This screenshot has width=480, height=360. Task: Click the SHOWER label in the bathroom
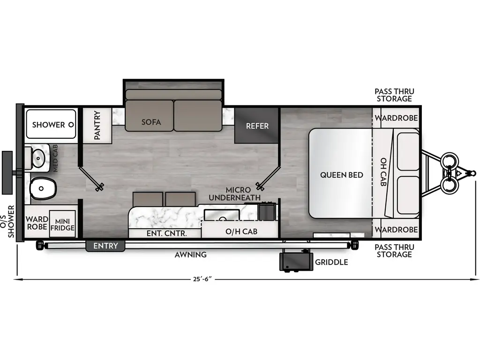click(x=49, y=125)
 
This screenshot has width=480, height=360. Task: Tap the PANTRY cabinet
click(x=97, y=125)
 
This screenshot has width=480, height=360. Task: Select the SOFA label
click(x=151, y=122)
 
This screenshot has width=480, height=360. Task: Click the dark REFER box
click(x=257, y=126)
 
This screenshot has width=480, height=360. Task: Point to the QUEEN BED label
click(x=342, y=175)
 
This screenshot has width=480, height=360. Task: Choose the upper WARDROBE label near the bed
click(x=396, y=118)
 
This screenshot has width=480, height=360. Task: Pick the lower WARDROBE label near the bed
click(x=396, y=230)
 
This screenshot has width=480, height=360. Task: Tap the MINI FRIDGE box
click(x=62, y=225)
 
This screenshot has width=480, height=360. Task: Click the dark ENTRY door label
click(x=105, y=246)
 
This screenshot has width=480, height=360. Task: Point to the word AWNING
click(x=190, y=255)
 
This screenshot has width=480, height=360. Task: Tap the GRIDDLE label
click(x=331, y=262)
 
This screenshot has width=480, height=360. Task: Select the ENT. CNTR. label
click(x=167, y=232)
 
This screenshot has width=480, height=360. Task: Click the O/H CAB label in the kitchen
click(x=241, y=232)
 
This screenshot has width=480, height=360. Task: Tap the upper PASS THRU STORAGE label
click(x=394, y=95)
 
